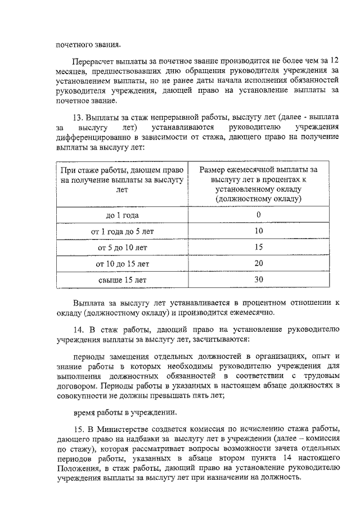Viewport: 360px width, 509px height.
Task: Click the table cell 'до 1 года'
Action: click(x=122, y=215)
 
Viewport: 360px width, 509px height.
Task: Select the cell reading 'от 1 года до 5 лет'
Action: click(x=122, y=231)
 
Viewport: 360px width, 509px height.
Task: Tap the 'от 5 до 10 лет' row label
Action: click(x=122, y=247)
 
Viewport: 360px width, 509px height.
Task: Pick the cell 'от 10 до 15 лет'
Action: click(x=122, y=263)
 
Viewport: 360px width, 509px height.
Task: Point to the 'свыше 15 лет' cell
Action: click(x=122, y=279)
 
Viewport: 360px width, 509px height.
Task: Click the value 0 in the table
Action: click(x=258, y=215)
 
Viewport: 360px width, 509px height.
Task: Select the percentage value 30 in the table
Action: click(x=258, y=279)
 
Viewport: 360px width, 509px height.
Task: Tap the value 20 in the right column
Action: click(x=258, y=263)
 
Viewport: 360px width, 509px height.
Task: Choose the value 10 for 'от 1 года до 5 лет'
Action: click(x=258, y=231)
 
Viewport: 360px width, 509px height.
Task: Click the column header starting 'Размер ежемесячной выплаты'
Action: click(x=258, y=184)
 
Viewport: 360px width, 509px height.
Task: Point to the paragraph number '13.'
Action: click(x=79, y=117)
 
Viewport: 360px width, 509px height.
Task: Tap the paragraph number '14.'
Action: click(x=79, y=331)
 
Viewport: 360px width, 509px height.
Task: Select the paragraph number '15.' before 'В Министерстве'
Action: click(x=79, y=430)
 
